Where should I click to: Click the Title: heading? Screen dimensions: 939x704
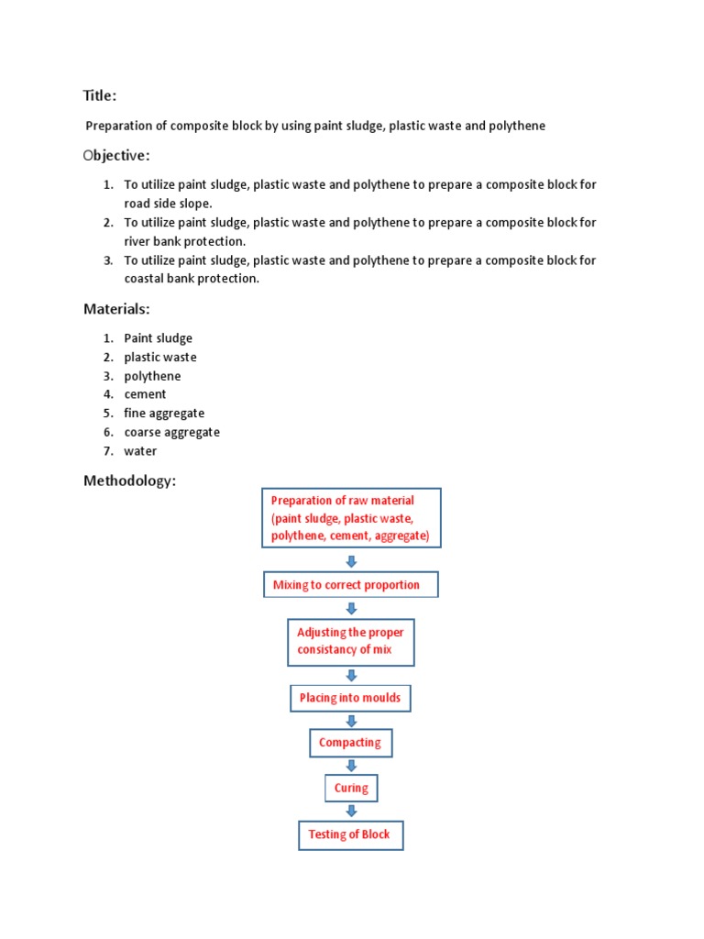tap(100, 96)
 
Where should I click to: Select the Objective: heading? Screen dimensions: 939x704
tap(116, 156)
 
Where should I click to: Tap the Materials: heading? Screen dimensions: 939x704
tap(116, 309)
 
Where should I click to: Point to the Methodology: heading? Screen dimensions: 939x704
tap(129, 481)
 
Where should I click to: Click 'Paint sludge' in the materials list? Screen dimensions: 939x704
tap(159, 338)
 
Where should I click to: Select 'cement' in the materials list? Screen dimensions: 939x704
tap(146, 394)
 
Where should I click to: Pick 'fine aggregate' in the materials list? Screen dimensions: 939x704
tap(164, 414)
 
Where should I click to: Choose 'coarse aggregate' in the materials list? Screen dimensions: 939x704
tap(172, 432)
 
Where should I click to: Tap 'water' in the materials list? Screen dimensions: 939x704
tap(141, 451)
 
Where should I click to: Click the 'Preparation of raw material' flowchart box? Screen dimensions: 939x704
tap(351, 518)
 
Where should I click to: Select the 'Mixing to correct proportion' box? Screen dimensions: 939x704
tap(351, 585)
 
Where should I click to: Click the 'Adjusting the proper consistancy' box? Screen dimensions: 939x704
tap(351, 641)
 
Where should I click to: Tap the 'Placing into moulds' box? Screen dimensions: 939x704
tap(350, 698)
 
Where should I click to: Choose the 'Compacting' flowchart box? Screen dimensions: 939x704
tap(350, 743)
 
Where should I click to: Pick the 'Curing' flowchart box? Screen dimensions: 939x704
tap(351, 788)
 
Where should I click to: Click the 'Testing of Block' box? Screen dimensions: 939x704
tap(350, 834)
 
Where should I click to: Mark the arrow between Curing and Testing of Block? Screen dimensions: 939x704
tap(351, 811)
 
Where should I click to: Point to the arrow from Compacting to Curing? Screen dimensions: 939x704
tap(351, 766)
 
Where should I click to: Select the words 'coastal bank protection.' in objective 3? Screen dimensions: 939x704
tap(192, 279)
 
